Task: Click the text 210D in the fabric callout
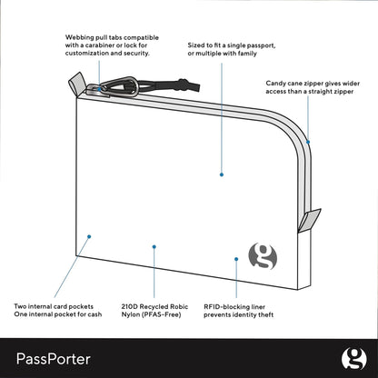(131, 307)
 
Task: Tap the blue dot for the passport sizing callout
(221, 173)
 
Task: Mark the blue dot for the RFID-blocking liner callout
(236, 257)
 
